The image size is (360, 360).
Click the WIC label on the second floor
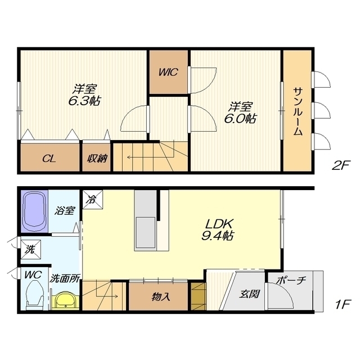click(168, 73)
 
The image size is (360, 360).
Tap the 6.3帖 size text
click(84, 101)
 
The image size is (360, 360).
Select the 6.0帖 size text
click(240, 119)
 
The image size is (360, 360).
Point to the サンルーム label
click(298, 111)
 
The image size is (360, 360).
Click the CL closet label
click(49, 159)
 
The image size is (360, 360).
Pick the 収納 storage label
click(97, 159)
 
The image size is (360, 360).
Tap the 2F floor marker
click(340, 165)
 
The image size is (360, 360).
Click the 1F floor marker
click(342, 305)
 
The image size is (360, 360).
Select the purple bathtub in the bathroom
click(34, 211)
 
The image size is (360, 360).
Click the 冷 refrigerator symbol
click(93, 200)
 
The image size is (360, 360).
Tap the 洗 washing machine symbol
click(31, 250)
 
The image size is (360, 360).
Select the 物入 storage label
click(161, 297)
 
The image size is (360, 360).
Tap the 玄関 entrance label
click(249, 294)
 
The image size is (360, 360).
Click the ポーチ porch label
click(291, 280)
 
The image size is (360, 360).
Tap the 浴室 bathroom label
click(65, 210)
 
